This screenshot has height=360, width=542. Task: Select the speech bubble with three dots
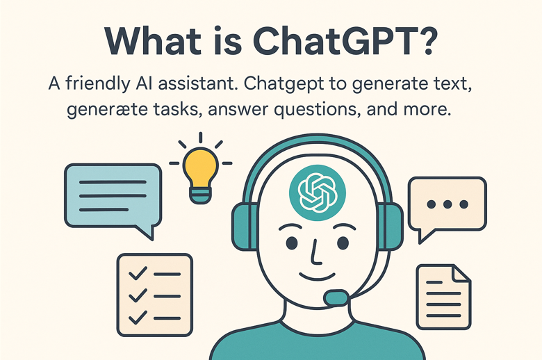tap(447, 208)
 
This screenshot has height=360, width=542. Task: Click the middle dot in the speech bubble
tap(447, 204)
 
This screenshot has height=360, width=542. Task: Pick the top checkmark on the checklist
tap(138, 274)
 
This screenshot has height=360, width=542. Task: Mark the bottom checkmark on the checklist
tap(138, 317)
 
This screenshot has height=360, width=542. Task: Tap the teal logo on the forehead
tap(318, 193)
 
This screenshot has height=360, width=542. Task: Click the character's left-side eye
tap(292, 243)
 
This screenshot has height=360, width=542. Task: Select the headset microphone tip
tap(336, 297)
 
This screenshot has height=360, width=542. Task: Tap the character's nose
tap(315, 252)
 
